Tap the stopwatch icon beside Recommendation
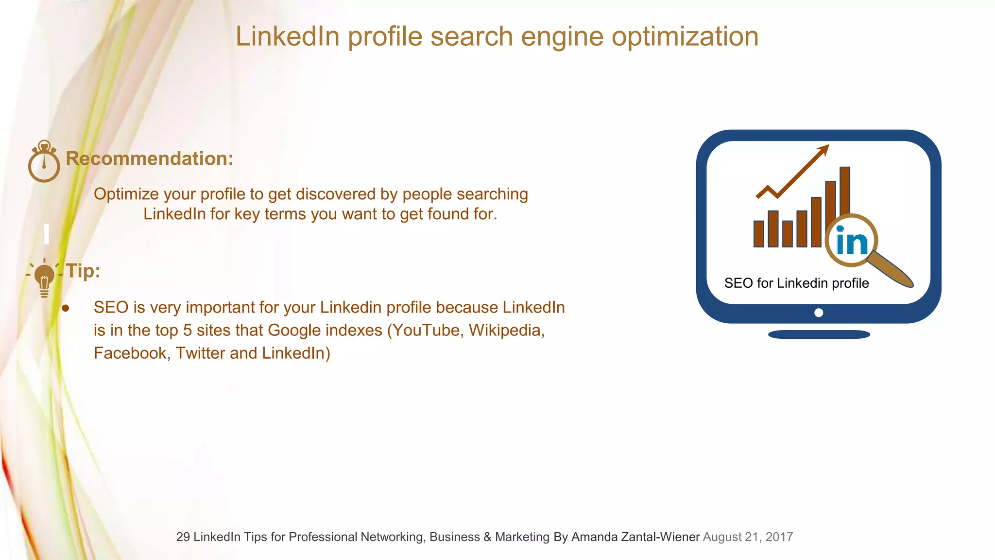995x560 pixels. [x=44, y=162]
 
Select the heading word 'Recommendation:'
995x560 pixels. [x=150, y=158]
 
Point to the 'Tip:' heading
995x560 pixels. [x=83, y=271]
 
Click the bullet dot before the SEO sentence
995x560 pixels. [x=66, y=308]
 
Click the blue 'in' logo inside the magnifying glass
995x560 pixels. [x=851, y=241]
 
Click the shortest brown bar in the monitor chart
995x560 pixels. [x=759, y=234]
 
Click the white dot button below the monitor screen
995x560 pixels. [x=819, y=313]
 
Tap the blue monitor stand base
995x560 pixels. [x=819, y=334]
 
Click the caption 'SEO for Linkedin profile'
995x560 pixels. [x=796, y=283]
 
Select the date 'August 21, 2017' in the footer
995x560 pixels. [x=748, y=537]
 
